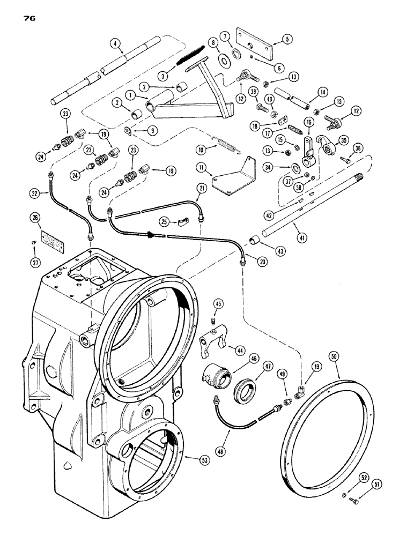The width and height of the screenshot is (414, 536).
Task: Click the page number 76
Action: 29,18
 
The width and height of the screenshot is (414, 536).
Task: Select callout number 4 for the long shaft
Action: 114,43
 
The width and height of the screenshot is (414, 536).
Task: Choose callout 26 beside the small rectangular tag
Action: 35,218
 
